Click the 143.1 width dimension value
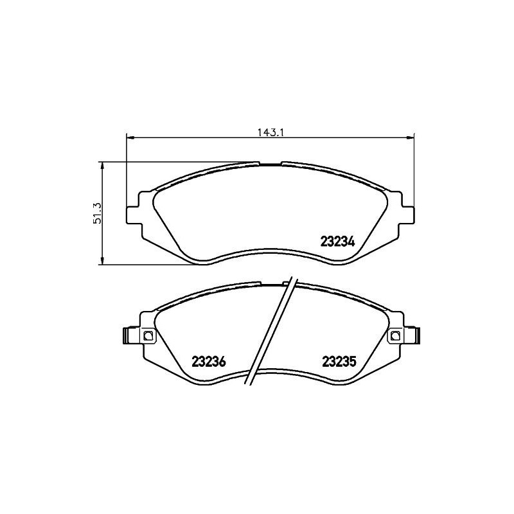(271, 132)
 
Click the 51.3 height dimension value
(98, 212)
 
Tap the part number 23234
(337, 242)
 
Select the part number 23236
(209, 362)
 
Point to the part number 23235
(339, 362)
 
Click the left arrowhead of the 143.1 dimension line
(129, 137)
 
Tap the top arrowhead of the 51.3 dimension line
(102, 164)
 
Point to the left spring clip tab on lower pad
(126, 335)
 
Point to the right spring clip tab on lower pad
(416, 335)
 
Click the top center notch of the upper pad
(270, 164)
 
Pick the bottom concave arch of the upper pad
(270, 251)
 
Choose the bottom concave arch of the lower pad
(270, 371)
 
